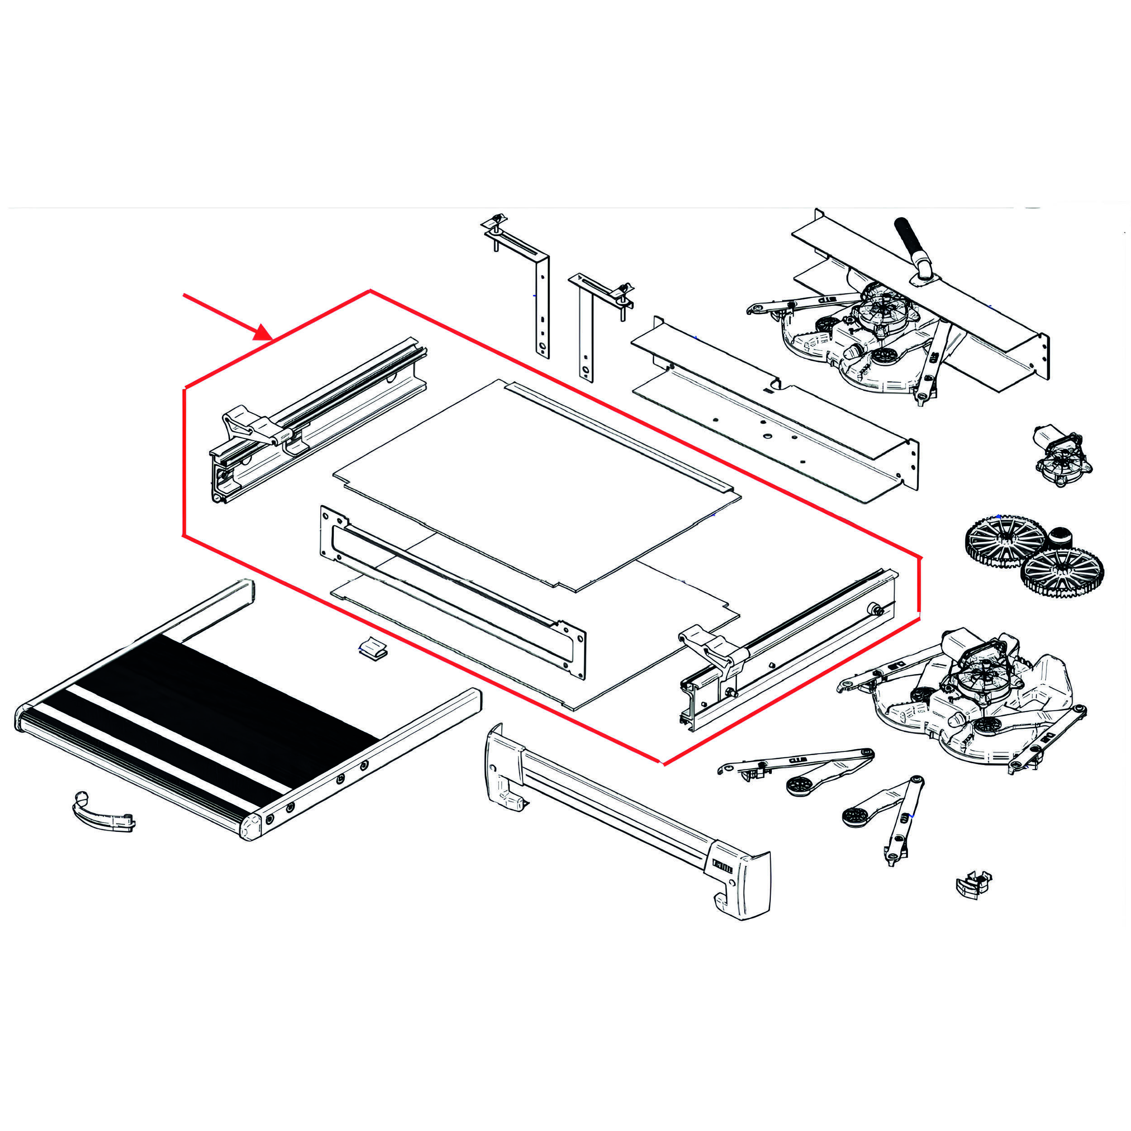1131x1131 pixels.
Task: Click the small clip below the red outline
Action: (373, 648)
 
